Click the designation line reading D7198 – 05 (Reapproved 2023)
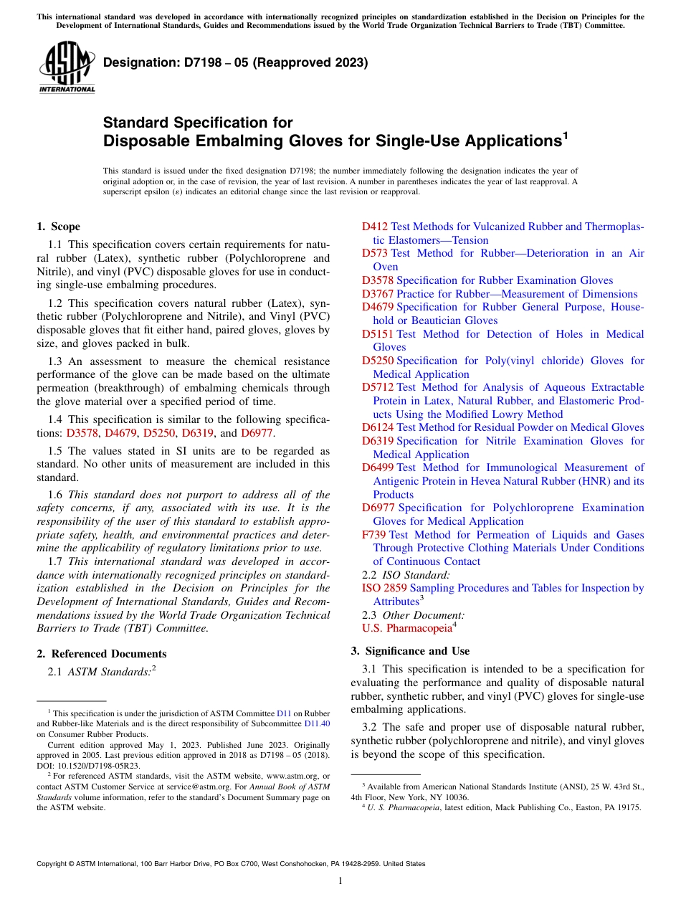point(236,62)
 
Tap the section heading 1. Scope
point(58,227)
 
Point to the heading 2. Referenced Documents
point(101,654)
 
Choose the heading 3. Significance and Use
point(410,651)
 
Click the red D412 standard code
point(375,227)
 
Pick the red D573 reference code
point(375,253)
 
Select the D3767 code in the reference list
point(378,294)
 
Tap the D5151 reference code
point(378,334)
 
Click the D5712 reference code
point(378,387)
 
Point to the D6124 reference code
point(378,427)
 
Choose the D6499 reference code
point(378,467)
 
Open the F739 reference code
point(374,535)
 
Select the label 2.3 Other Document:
point(413,615)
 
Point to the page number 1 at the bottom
point(340,880)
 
